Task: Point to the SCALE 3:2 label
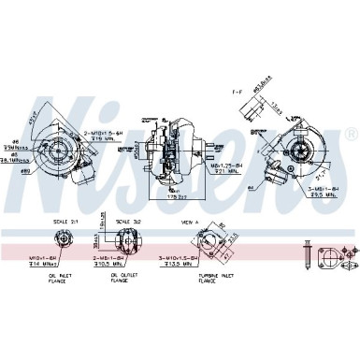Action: (125, 221)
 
